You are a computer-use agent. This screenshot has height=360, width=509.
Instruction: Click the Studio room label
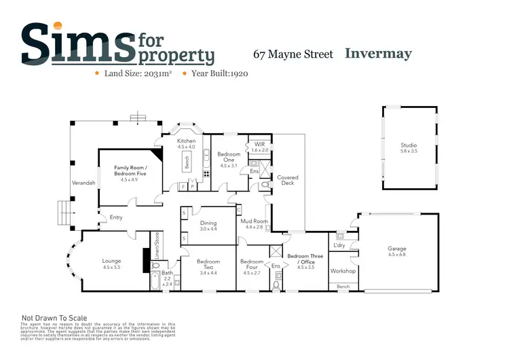click(408, 145)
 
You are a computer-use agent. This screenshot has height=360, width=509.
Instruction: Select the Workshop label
click(343, 271)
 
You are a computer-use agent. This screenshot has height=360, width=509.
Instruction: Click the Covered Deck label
click(288, 180)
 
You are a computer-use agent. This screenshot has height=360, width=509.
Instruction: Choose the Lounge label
click(111, 261)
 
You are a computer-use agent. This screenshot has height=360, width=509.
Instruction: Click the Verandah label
click(83, 183)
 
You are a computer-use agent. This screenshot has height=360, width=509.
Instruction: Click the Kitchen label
click(186, 141)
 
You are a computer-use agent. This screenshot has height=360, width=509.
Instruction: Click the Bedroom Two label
click(208, 262)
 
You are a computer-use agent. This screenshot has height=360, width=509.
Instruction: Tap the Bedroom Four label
click(251, 262)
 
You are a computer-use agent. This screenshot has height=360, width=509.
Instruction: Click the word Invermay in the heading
click(378, 53)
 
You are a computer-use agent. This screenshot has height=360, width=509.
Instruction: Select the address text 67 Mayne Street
click(293, 54)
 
